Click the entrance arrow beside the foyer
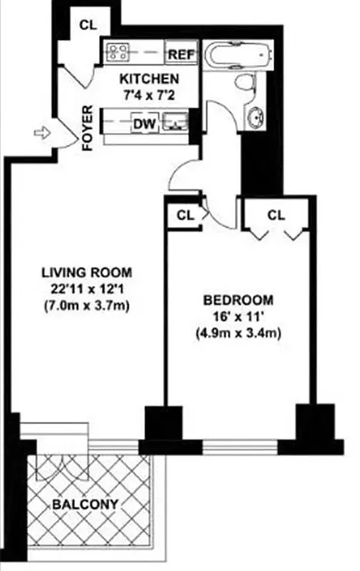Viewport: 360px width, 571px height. tap(42, 132)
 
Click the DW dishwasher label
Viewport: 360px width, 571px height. tap(145, 124)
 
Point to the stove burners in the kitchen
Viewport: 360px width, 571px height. tap(117, 51)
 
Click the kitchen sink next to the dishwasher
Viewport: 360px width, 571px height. tap(174, 123)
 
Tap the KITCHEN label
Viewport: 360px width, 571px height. tap(149, 79)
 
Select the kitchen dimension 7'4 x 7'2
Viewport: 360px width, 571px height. tap(149, 94)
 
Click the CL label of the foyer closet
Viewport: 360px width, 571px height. tap(88, 24)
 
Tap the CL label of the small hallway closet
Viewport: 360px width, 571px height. tap(185, 214)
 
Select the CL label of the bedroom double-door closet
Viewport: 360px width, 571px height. tap(276, 214)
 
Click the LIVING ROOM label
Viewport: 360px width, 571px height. tap(87, 272)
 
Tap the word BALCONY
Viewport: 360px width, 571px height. tap(85, 505)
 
